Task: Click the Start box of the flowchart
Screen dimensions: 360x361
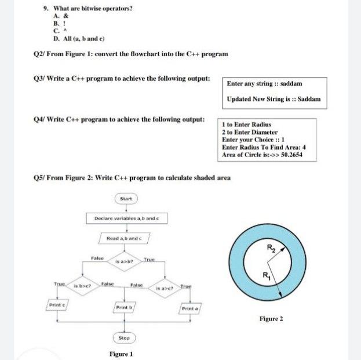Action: tap(126, 199)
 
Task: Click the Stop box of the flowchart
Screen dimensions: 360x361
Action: tap(124, 337)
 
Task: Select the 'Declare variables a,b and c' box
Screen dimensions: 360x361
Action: tap(126, 219)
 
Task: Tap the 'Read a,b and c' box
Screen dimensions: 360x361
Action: tap(127, 238)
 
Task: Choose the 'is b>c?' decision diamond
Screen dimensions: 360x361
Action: tap(84, 286)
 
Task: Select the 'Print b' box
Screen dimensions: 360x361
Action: tap(124, 307)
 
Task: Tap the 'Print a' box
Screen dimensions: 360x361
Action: tap(190, 308)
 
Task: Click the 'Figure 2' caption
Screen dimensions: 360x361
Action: tap(271, 318)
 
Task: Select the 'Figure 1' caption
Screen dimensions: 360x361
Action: tap(121, 354)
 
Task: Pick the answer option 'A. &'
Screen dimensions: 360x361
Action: tap(57, 17)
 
